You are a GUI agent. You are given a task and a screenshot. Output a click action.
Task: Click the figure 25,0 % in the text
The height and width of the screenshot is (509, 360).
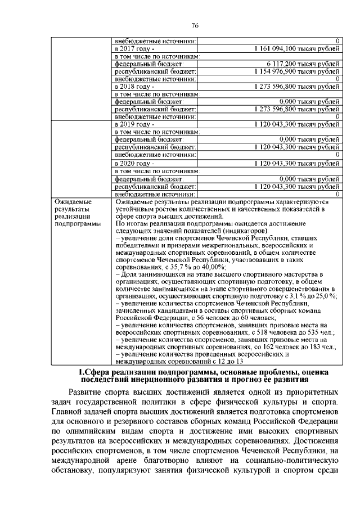click(x=322, y=297)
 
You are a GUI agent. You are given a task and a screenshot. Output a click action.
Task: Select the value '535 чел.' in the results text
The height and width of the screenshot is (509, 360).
click(x=319, y=333)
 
